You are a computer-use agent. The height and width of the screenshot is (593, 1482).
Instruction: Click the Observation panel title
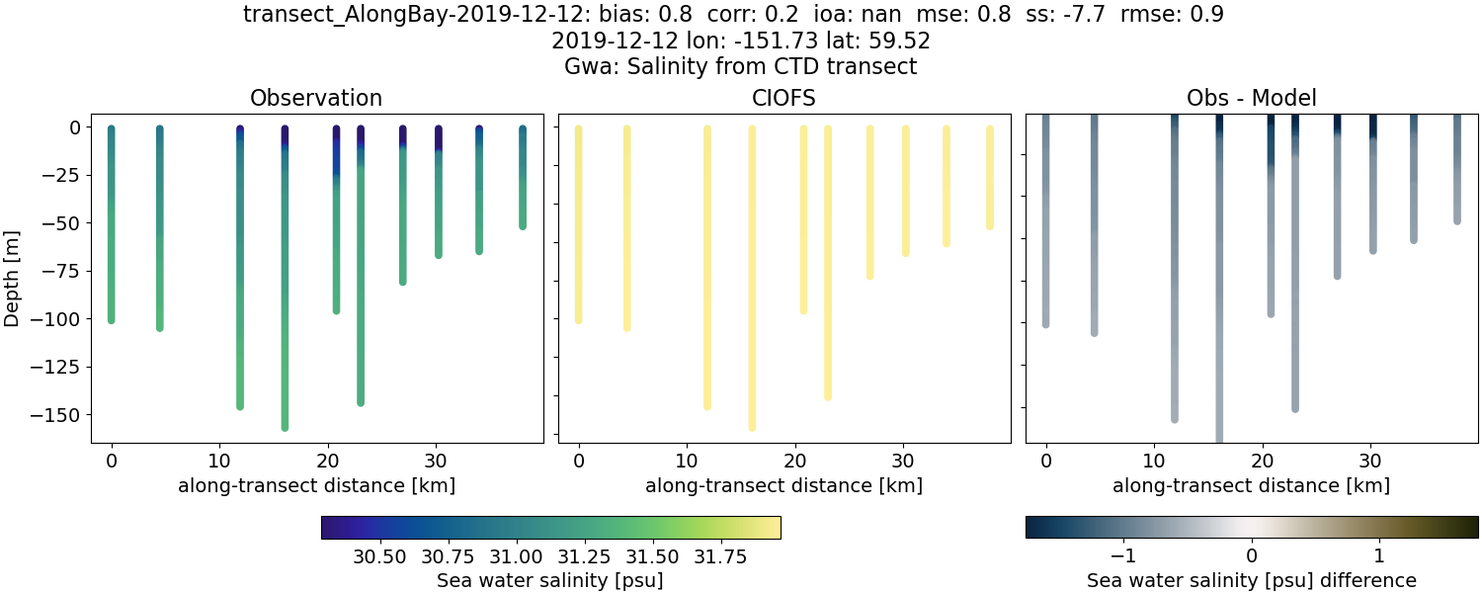pyautogui.click(x=316, y=98)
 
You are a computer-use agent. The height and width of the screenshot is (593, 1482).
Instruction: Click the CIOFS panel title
pyautogui.click(x=783, y=98)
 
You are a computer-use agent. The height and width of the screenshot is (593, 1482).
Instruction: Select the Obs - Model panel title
pyautogui.click(x=1251, y=98)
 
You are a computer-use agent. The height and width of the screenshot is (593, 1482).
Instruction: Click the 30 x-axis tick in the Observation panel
pyautogui.click(x=436, y=460)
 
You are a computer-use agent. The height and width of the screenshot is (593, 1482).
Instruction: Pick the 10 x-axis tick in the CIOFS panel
pyautogui.click(x=687, y=460)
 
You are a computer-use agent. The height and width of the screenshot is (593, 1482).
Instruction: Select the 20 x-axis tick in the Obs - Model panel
pyautogui.click(x=1262, y=460)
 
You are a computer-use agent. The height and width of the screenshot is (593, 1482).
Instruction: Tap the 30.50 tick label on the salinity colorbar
pyautogui.click(x=379, y=555)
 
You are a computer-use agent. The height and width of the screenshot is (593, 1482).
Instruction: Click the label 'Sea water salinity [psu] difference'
pyautogui.click(x=1251, y=580)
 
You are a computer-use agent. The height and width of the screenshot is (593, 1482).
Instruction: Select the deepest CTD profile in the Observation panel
pyautogui.click(x=285, y=296)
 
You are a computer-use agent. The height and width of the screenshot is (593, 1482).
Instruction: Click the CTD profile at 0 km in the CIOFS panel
pyautogui.click(x=578, y=222)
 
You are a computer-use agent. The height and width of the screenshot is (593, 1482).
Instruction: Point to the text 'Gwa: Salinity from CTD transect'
pyautogui.click(x=740, y=66)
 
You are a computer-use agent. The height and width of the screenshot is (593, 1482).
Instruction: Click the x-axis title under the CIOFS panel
pyautogui.click(x=783, y=485)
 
